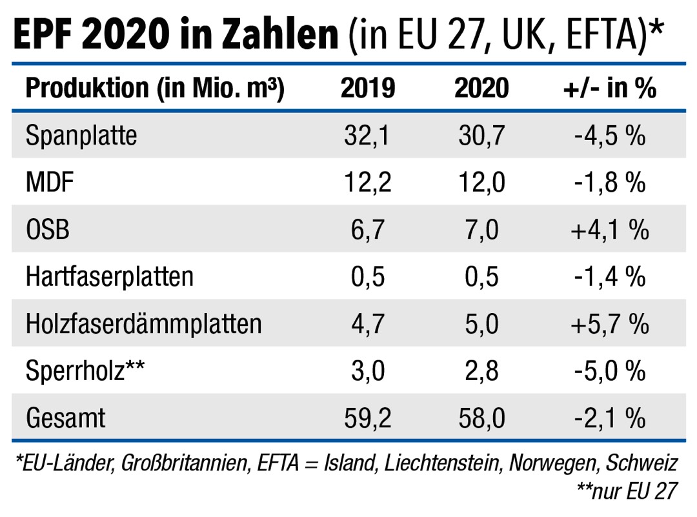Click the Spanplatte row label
81,136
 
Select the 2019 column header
367,88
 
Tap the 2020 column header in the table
481,88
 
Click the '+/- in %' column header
609,88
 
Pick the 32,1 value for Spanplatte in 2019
367,136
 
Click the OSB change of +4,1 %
609,230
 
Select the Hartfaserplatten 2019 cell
367,277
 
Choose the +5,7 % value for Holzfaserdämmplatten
609,324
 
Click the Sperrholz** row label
86,371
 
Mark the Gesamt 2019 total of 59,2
367,418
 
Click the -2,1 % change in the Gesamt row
609,418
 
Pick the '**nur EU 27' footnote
626,492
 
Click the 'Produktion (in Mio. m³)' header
155,88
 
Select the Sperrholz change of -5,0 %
609,371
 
